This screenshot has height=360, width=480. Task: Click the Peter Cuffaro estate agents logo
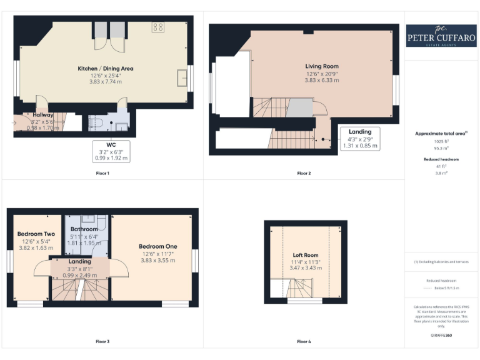[x=441, y=36]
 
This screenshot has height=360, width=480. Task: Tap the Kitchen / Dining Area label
[x=105, y=69]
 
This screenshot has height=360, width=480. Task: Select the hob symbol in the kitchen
[x=157, y=27]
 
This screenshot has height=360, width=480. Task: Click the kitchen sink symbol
[x=182, y=77]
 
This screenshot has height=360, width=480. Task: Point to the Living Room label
[x=322, y=66]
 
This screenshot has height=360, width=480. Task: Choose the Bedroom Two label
[x=36, y=234]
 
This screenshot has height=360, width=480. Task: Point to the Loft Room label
[x=306, y=255]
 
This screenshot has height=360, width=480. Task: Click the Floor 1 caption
[x=102, y=173]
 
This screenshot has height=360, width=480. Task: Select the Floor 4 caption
[x=304, y=342]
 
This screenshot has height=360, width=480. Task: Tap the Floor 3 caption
[x=102, y=342]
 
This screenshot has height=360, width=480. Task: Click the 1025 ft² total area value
[x=441, y=141]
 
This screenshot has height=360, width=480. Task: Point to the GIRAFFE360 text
[x=441, y=336]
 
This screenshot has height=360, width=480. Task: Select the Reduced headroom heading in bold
[x=441, y=159]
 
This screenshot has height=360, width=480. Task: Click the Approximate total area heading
[x=440, y=134]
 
